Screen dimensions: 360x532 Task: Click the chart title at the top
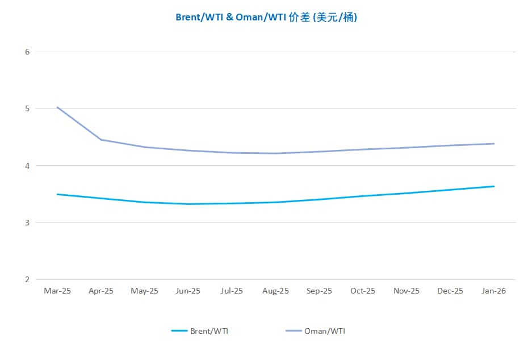(x=266, y=18)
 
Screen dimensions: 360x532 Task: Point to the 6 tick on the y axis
(x=27, y=52)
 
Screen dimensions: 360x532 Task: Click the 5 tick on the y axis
(x=27, y=108)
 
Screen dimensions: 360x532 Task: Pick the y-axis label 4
(x=27, y=166)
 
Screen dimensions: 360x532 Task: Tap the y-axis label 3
(x=27, y=223)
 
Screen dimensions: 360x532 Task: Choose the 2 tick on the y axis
(x=27, y=279)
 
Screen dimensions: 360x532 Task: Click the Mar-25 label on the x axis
(x=57, y=291)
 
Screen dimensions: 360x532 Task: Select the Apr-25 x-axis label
(x=101, y=291)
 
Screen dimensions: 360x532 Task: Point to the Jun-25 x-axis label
(x=188, y=291)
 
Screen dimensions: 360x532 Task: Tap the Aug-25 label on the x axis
(x=275, y=291)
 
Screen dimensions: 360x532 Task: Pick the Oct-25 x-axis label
(x=363, y=291)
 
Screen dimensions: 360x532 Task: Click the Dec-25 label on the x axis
(x=450, y=291)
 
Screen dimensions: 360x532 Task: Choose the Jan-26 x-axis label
(x=494, y=291)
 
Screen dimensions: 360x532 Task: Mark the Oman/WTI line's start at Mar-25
(x=57, y=107)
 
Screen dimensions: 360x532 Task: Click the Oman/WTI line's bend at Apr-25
(x=101, y=140)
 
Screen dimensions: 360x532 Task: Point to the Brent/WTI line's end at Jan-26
(x=494, y=186)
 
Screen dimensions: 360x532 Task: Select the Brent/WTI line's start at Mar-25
(x=57, y=194)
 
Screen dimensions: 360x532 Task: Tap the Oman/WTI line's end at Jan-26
(x=494, y=144)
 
